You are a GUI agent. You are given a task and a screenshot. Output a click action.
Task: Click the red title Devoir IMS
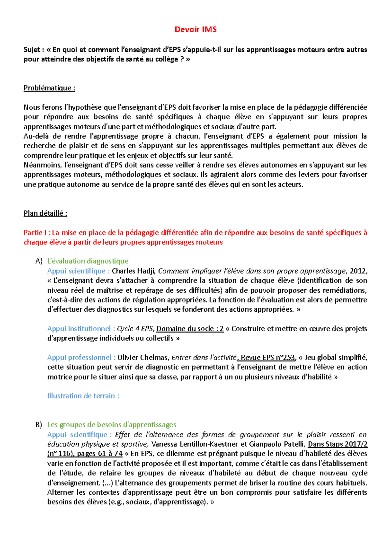point(195,30)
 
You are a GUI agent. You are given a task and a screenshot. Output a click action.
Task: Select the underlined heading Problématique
point(49,88)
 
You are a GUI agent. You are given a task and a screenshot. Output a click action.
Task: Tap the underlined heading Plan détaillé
point(45,213)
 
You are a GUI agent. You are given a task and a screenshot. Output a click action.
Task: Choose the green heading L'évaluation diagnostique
point(88,261)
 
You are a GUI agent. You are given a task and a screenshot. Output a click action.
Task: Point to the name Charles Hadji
point(133,271)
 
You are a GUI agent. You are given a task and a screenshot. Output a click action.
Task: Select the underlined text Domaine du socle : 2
point(190,329)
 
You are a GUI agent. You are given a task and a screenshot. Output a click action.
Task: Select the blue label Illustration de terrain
point(83,396)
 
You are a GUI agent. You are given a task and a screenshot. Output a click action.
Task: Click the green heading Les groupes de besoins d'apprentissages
point(111,425)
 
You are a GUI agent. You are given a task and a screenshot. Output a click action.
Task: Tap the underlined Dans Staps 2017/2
point(338,444)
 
